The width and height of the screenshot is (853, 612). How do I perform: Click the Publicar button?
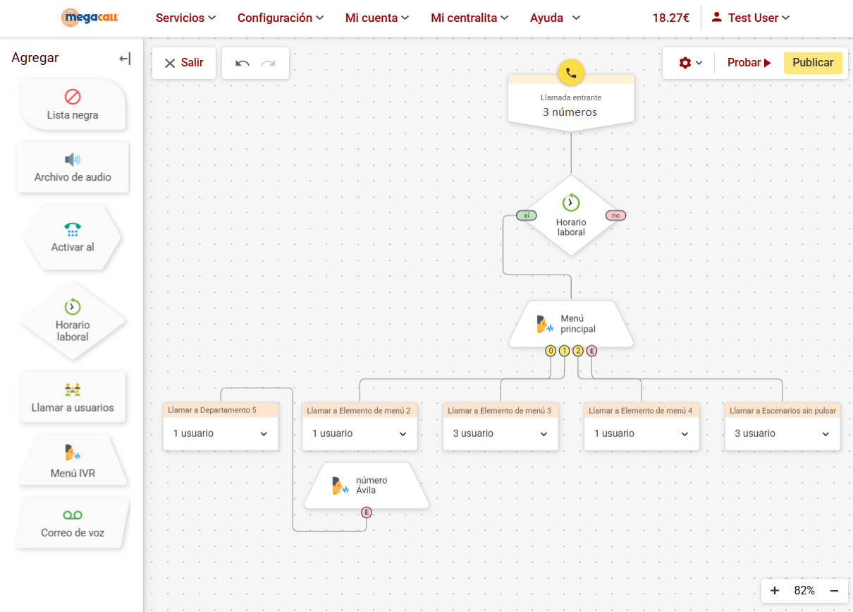pyautogui.click(x=813, y=63)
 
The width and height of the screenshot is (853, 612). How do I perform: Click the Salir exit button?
pyautogui.click(x=184, y=63)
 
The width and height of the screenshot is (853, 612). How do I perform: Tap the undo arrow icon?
pyautogui.click(x=243, y=63)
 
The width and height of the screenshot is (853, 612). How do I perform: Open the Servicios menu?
pyautogui.click(x=185, y=18)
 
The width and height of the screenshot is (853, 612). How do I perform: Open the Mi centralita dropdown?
pyautogui.click(x=470, y=18)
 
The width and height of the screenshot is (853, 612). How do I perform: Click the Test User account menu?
pyautogui.click(x=751, y=18)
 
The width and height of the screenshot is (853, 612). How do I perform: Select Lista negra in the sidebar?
pyautogui.click(x=73, y=104)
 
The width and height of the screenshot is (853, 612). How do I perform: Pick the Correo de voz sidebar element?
pyautogui.click(x=73, y=523)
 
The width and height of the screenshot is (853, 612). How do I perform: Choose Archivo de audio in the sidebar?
pyautogui.click(x=73, y=168)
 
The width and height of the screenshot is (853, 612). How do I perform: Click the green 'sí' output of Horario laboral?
pyautogui.click(x=526, y=215)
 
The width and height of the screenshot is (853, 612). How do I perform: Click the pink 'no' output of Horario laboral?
pyautogui.click(x=615, y=215)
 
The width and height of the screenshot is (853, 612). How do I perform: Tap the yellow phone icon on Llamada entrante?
pyautogui.click(x=571, y=72)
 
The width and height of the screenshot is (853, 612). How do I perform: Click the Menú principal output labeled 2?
pyautogui.click(x=578, y=351)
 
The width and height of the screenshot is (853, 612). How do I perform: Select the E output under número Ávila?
pyautogui.click(x=367, y=512)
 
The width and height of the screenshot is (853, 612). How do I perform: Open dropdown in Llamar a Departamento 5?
pyautogui.click(x=264, y=434)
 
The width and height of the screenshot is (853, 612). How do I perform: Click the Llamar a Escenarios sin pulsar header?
pyautogui.click(x=783, y=410)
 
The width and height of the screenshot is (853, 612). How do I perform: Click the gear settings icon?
pyautogui.click(x=685, y=63)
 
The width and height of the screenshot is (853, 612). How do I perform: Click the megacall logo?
pyautogui.click(x=90, y=18)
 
